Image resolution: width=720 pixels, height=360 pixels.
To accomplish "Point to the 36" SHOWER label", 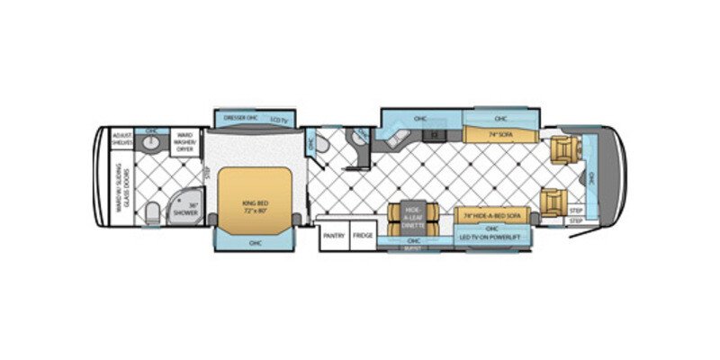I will (185, 209).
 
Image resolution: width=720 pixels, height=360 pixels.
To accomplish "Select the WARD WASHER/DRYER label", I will (184, 141).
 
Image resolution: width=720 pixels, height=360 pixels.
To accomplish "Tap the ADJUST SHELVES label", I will (122, 139).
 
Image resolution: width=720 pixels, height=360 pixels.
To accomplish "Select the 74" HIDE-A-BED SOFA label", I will (491, 216).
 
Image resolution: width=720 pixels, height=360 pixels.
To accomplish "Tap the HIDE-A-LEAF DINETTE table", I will (414, 215).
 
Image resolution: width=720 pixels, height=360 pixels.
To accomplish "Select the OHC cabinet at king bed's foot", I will (255, 241).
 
